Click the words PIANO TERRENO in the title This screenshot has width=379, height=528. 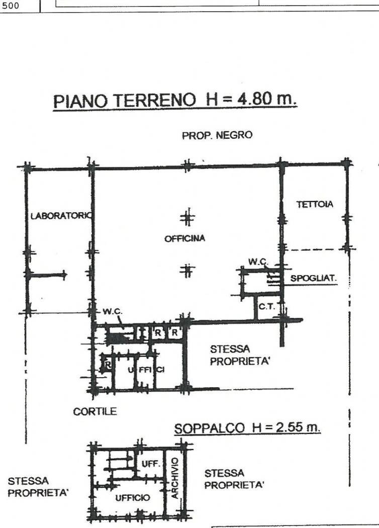(x=125, y=101)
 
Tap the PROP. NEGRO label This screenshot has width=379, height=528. (x=217, y=135)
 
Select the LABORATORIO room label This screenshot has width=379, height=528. (x=61, y=216)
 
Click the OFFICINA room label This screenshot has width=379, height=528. (x=185, y=238)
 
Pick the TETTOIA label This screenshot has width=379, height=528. (x=315, y=204)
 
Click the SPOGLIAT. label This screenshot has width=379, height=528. (x=313, y=279)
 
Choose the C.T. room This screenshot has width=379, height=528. (x=267, y=307)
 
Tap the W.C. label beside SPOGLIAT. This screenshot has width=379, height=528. (x=258, y=261)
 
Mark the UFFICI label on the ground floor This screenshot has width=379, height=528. (x=146, y=370)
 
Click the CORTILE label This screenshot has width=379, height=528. (x=95, y=411)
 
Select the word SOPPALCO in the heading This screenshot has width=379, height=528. (x=210, y=428)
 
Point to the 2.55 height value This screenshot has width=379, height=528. (x=288, y=427)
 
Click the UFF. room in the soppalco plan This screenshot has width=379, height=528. (x=150, y=464)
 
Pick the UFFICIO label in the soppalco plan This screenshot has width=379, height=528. (x=133, y=498)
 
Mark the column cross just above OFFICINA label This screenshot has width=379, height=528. (x=187, y=218)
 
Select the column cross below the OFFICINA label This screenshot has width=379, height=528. (x=187, y=271)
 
